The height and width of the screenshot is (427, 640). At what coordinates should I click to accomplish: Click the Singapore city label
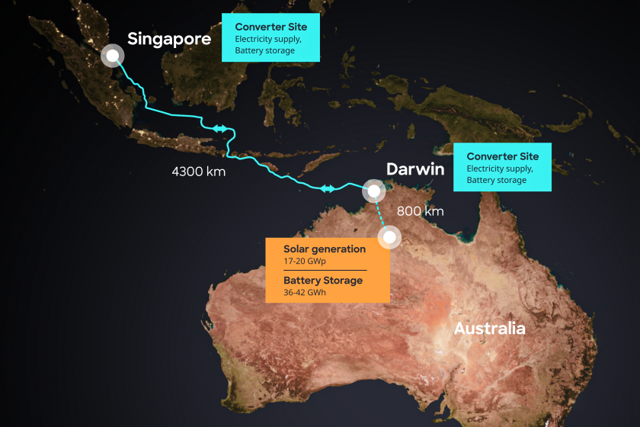(x=168, y=39)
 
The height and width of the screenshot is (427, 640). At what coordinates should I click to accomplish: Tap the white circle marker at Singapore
(x=113, y=56)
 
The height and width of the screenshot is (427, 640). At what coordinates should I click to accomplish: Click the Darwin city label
(x=414, y=169)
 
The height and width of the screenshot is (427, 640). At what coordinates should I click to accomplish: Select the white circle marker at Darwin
(x=374, y=190)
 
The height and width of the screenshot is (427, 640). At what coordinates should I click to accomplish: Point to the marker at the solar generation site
(x=390, y=238)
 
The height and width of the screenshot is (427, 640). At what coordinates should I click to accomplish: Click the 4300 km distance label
(x=198, y=172)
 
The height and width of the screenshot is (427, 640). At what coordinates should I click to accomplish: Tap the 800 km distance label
(x=420, y=211)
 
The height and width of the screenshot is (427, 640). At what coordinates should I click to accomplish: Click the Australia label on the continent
(x=489, y=329)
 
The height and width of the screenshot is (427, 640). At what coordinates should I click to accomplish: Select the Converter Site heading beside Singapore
(x=270, y=27)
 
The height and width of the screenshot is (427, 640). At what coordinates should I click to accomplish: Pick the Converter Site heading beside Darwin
(x=502, y=156)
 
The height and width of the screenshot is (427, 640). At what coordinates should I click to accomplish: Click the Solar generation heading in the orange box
(x=325, y=249)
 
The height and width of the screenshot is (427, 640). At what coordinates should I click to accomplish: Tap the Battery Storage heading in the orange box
(x=323, y=280)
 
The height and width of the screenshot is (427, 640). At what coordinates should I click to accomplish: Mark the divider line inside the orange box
(x=325, y=270)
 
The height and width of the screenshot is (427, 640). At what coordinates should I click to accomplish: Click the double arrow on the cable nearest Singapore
(x=220, y=129)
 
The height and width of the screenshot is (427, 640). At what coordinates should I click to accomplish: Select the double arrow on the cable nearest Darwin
(x=328, y=188)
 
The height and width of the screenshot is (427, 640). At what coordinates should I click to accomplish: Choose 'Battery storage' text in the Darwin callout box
(x=496, y=180)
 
